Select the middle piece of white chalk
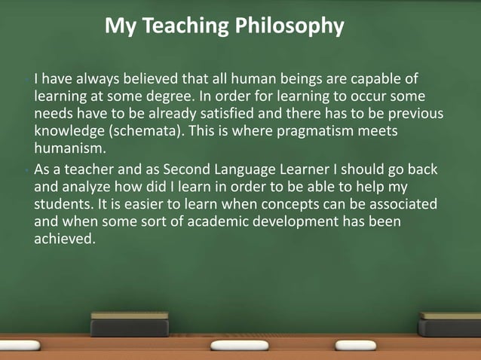[239, 345]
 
